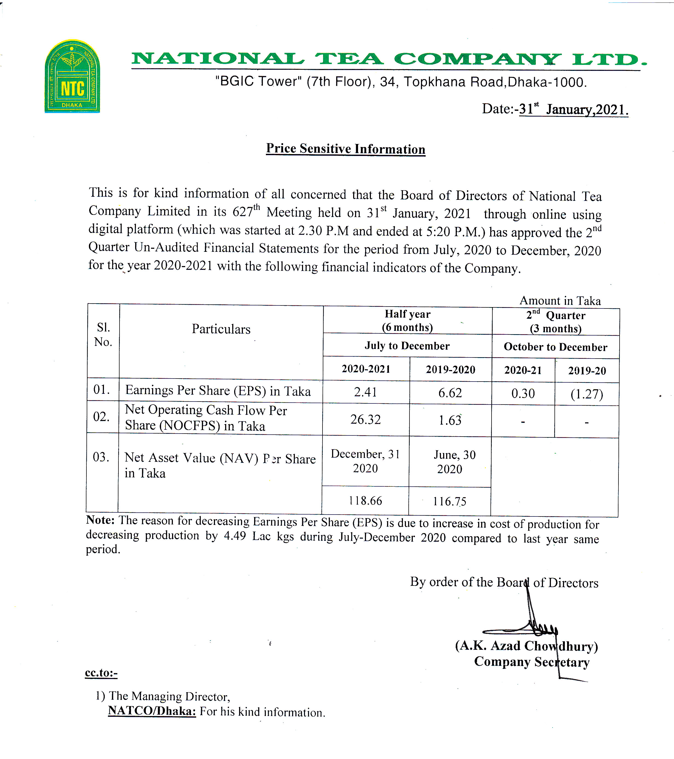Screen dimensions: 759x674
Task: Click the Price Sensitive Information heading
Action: (x=345, y=149)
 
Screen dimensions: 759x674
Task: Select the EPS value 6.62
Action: (x=450, y=393)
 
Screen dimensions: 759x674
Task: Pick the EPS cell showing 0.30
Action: (x=523, y=394)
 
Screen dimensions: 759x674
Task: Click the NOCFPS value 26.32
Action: (x=365, y=420)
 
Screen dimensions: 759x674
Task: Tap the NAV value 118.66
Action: (x=365, y=501)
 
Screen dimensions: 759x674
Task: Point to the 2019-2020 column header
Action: (x=451, y=370)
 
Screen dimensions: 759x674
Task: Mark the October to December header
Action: (x=555, y=347)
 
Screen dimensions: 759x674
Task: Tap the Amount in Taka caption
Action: (x=560, y=301)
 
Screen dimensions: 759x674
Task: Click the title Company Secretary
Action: (x=532, y=662)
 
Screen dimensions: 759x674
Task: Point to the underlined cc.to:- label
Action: (x=101, y=673)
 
